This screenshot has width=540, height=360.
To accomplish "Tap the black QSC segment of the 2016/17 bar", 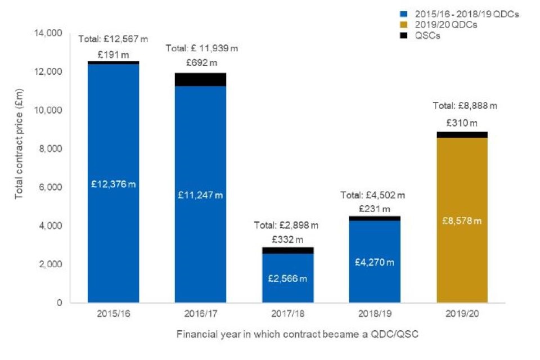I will click(200, 79).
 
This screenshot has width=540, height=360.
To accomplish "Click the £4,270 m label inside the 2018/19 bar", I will click(375, 262).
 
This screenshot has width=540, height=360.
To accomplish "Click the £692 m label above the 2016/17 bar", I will click(201, 61).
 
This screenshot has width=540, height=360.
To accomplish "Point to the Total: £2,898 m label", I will click(287, 226).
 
